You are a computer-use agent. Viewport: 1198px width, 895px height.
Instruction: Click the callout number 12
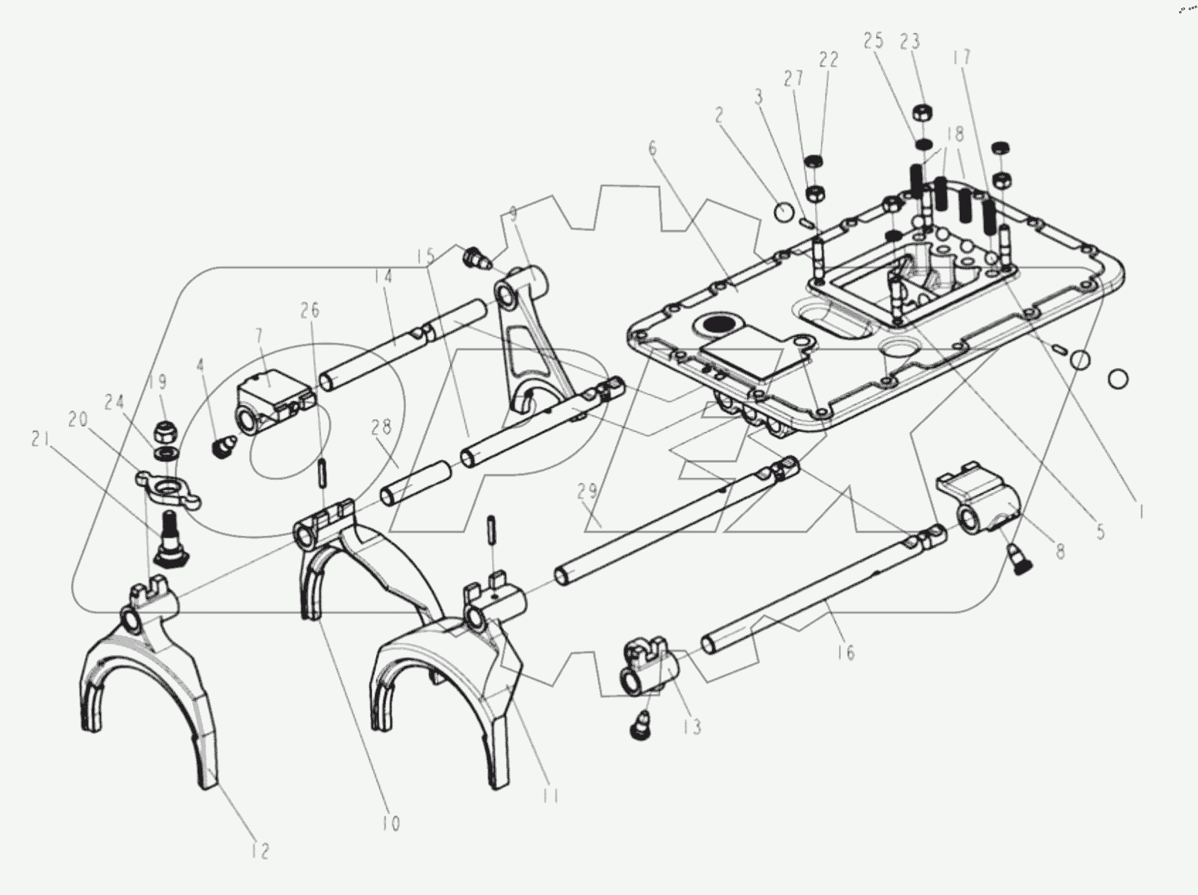point(260,851)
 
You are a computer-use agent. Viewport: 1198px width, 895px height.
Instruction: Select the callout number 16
point(845,652)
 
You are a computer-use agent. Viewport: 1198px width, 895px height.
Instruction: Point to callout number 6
point(652,148)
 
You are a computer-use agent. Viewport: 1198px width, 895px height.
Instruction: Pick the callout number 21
point(39,440)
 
